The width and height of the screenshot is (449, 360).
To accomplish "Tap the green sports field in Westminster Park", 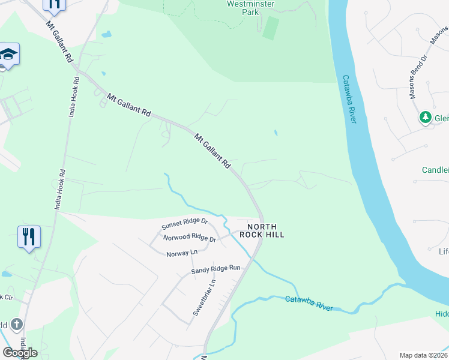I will click(x=271, y=28).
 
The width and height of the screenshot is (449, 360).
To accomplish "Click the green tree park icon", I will click(x=426, y=116).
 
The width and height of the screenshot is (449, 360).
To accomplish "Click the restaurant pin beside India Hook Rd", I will click(x=29, y=238).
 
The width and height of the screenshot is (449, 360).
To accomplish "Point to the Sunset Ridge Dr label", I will click(x=184, y=224).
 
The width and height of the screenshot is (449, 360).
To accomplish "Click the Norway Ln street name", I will click(x=182, y=253).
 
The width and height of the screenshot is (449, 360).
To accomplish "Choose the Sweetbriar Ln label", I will click(x=204, y=298).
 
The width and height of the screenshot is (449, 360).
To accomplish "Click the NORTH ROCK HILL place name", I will click(x=262, y=230).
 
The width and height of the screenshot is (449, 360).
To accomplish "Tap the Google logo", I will click(x=20, y=353).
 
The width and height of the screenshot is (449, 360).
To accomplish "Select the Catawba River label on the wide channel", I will click(x=349, y=99).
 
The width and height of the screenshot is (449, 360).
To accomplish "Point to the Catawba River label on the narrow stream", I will click(x=309, y=303).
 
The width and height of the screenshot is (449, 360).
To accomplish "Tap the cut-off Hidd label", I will click(x=442, y=314).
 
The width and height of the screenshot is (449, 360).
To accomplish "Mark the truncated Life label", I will click(x=444, y=251).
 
